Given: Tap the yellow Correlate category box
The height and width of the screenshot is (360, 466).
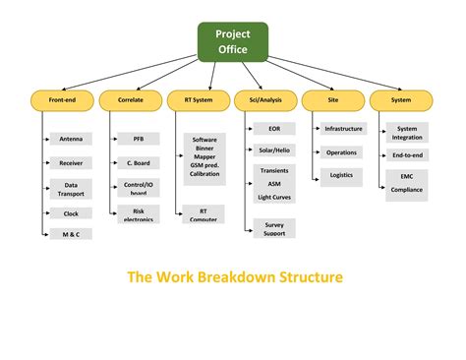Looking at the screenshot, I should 131,99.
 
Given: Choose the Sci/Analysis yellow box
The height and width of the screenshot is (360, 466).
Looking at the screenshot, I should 263,99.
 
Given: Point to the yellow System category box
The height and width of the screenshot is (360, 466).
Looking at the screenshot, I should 400,99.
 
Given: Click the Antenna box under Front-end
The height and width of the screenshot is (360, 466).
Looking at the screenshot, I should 71,139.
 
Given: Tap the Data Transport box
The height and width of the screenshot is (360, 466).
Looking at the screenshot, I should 71,189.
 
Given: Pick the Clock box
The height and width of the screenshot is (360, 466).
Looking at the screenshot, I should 71,213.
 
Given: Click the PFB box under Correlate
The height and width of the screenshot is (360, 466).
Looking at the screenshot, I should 139,139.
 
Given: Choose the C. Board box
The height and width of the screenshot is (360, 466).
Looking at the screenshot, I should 139,162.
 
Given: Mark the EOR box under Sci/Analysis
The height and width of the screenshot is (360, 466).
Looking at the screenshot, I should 273,129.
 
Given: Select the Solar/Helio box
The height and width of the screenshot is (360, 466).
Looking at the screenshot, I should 273,150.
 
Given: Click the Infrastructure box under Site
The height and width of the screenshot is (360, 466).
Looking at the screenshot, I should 343,129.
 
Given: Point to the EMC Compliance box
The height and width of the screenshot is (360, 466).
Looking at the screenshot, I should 406,184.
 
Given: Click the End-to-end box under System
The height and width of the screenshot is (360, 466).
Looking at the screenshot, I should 406,155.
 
